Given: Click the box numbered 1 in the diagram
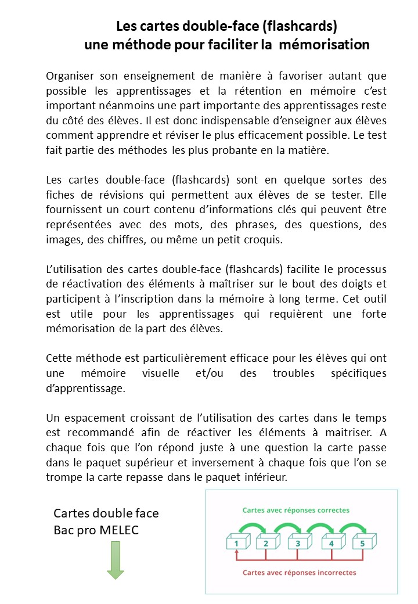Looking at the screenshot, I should [x=236, y=543].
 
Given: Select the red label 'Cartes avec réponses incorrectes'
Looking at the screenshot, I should [x=300, y=573].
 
